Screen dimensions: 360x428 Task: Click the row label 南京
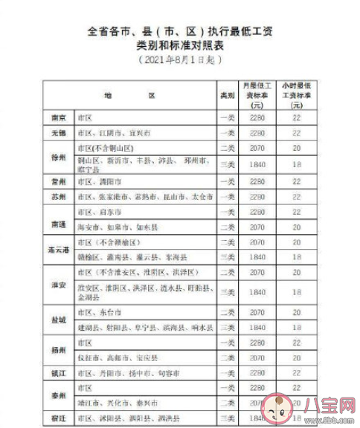[x=58, y=118]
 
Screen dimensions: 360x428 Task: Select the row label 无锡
[x=58, y=132]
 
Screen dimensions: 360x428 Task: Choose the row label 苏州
[x=58, y=197]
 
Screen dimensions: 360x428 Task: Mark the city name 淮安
[x=58, y=285]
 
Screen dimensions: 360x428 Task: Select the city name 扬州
[x=58, y=349]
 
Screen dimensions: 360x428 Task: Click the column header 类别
[x=227, y=97]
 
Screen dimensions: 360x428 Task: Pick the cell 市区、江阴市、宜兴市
[x=112, y=132]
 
